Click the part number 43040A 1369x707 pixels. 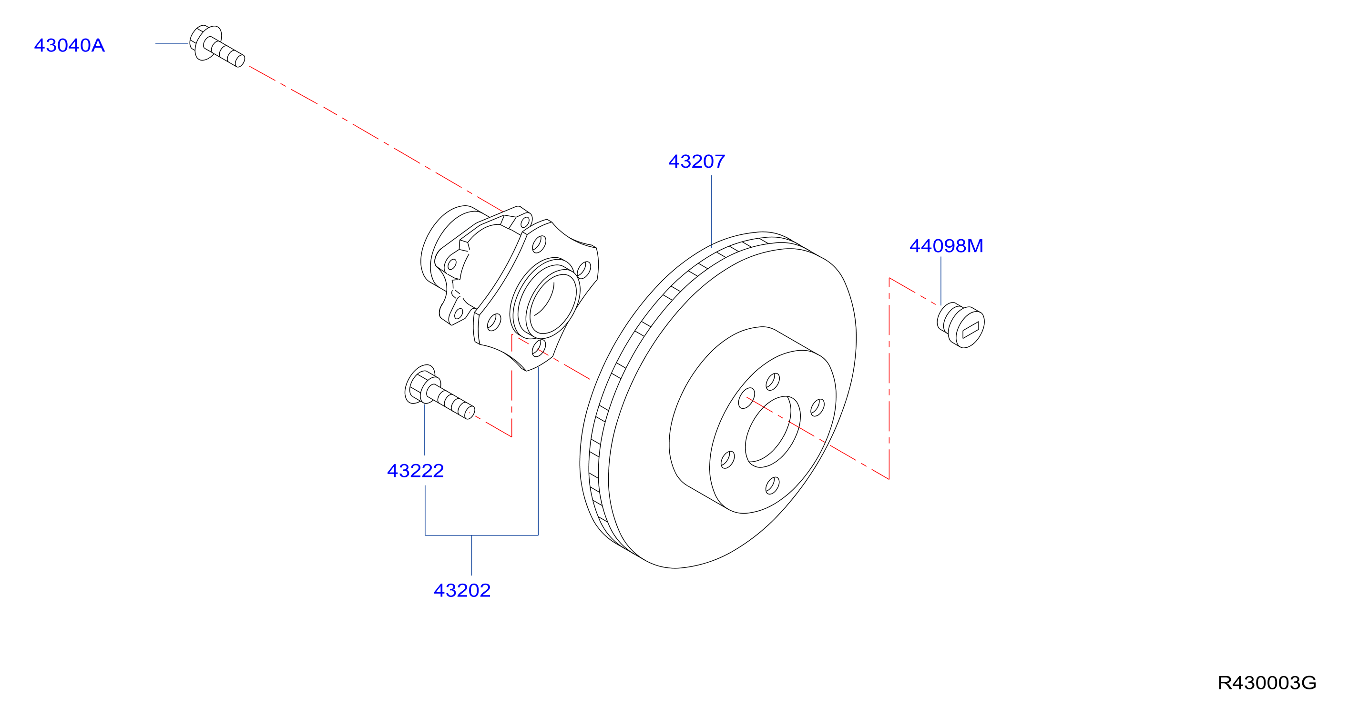pos(70,46)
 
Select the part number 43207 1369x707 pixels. pos(697,162)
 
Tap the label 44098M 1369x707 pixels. pos(947,246)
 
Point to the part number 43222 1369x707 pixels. pos(416,471)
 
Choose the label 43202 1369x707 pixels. pos(462,590)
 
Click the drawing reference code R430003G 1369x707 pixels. pos(1267,683)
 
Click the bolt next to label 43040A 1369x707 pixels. pos(217,46)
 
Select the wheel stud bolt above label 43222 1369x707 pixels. pos(439,393)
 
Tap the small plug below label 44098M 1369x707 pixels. pos(961,325)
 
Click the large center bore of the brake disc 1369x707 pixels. pos(772,431)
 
